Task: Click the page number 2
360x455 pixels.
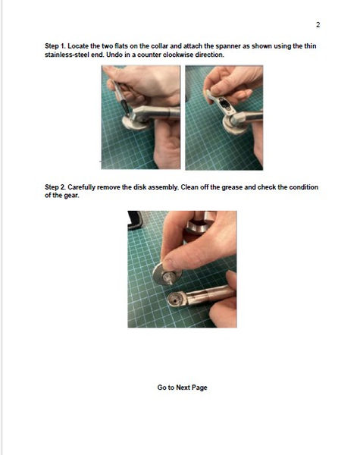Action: [318, 25]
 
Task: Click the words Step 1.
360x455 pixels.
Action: [55, 46]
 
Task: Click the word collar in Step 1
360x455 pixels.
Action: [160, 46]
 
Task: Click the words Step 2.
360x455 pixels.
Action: [55, 187]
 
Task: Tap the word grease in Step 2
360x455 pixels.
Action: [232, 187]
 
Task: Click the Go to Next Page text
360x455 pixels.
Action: [182, 388]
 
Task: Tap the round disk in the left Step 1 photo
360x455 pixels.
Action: [134, 123]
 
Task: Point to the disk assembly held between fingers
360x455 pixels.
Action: [166, 275]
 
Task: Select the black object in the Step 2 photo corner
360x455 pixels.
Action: [134, 220]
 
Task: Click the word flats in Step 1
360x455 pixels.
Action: [121, 46]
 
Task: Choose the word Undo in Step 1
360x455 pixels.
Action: [114, 55]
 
